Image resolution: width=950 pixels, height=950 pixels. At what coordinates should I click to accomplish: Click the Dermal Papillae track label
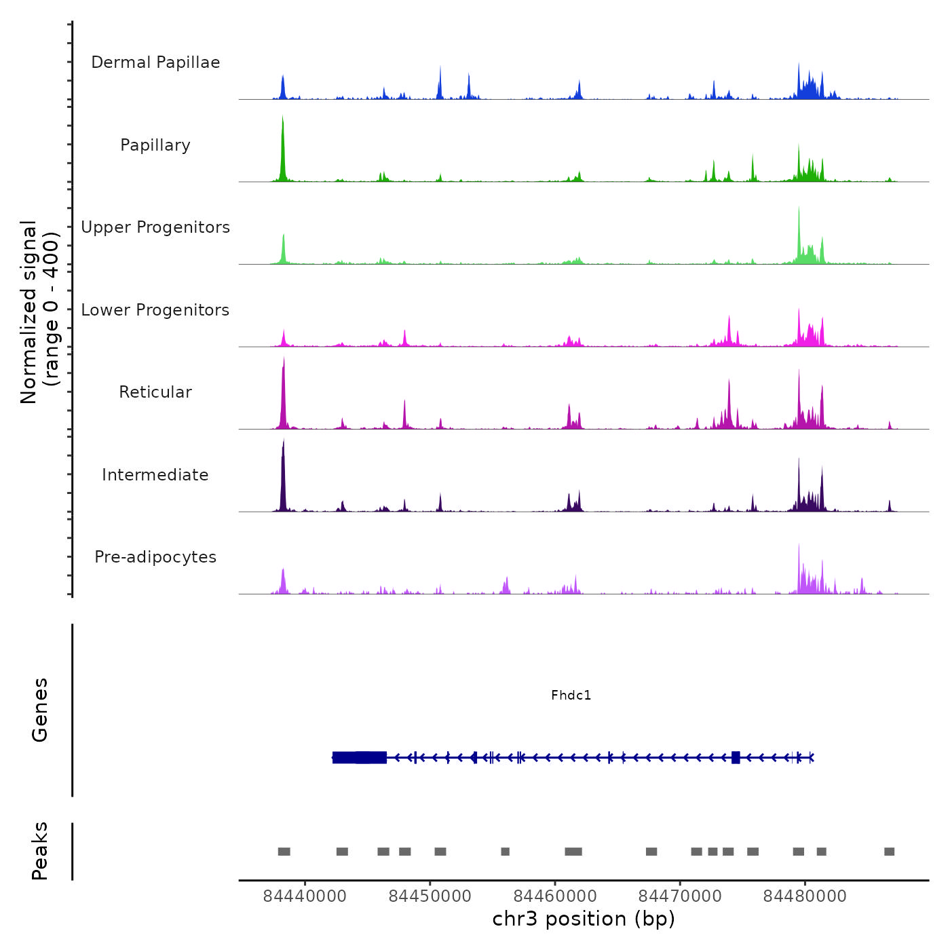click(155, 62)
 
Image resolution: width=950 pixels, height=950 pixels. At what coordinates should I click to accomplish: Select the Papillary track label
click(155, 145)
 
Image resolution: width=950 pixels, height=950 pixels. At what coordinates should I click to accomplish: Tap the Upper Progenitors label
click(155, 227)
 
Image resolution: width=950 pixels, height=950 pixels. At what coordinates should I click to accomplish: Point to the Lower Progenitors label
click(155, 310)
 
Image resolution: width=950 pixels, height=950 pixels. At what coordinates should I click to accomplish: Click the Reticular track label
click(155, 392)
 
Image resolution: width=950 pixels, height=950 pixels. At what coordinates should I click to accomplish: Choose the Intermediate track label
click(155, 475)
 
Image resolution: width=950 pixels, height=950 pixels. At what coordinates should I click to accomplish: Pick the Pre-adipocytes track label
click(155, 557)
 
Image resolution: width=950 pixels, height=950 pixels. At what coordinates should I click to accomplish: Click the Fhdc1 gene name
click(571, 695)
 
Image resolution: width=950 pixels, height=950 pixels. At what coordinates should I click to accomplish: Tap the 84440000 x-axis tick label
click(305, 896)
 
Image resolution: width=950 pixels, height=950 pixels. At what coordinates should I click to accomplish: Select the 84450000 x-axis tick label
click(430, 896)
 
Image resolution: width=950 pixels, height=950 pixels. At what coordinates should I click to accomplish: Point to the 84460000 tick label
click(555, 896)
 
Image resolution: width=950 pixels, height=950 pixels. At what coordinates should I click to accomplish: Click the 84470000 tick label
click(680, 896)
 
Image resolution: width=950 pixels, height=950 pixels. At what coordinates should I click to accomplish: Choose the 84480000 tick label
click(805, 896)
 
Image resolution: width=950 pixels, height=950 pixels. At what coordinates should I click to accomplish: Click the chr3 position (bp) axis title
click(584, 919)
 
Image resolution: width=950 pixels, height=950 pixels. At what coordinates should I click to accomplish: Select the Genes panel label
click(40, 710)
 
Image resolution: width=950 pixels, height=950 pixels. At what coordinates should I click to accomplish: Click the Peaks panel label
click(40, 851)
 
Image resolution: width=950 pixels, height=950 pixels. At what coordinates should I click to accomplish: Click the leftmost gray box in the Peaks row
click(284, 852)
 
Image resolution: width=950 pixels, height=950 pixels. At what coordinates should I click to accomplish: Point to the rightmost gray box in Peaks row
click(889, 852)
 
